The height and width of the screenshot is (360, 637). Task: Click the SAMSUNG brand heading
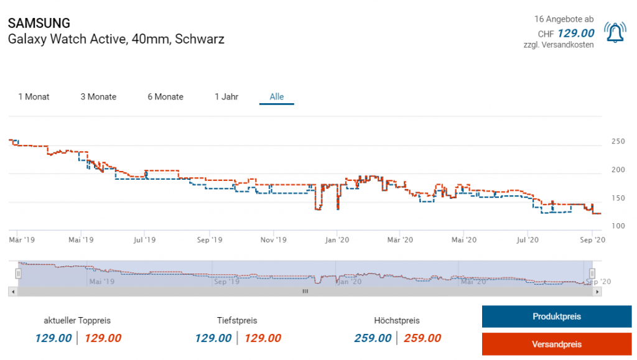[x=39, y=24]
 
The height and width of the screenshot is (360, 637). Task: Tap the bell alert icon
[x=615, y=32]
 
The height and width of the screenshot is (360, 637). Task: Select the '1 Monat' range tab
[x=34, y=97]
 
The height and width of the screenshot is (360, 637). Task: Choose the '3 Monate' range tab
[x=98, y=97]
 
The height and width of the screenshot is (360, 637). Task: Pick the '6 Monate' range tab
[x=165, y=97]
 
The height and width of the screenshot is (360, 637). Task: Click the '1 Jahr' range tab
[x=226, y=97]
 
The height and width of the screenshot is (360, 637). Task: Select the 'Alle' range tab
[x=277, y=97]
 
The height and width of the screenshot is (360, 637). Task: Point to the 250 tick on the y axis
[x=618, y=142]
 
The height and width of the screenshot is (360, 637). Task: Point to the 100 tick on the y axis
[x=618, y=226]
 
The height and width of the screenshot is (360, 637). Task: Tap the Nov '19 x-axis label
[x=272, y=239]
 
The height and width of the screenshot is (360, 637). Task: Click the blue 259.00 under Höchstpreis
[x=373, y=338]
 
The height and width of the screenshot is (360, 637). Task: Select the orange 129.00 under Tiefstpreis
[x=263, y=338]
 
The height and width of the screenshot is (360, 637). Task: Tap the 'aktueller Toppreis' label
[x=77, y=321]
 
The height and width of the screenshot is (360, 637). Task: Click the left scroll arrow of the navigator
[x=12, y=291]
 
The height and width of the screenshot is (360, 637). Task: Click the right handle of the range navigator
[x=592, y=273]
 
